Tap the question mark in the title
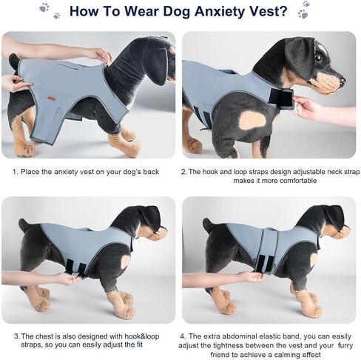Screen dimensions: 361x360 [x=283, y=10]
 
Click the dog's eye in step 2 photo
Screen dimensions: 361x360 [x=318, y=58]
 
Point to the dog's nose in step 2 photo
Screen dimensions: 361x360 [x=343, y=81]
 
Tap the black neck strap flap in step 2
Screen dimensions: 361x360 [x=281, y=99]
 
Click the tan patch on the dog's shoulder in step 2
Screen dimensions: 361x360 [x=253, y=120]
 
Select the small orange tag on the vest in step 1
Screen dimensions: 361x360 [x=51, y=99]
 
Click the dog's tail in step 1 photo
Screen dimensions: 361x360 [x=14, y=61]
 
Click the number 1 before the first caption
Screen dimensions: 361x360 [x=15, y=172]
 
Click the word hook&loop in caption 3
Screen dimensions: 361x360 [x=142, y=336]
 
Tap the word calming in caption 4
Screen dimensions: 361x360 [x=287, y=355]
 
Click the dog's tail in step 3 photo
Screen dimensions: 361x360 [x=24, y=224]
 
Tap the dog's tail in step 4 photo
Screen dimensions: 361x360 [x=208, y=224]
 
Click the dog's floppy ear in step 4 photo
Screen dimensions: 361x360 [x=334, y=217]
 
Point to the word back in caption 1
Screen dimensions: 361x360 [x=151, y=172]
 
